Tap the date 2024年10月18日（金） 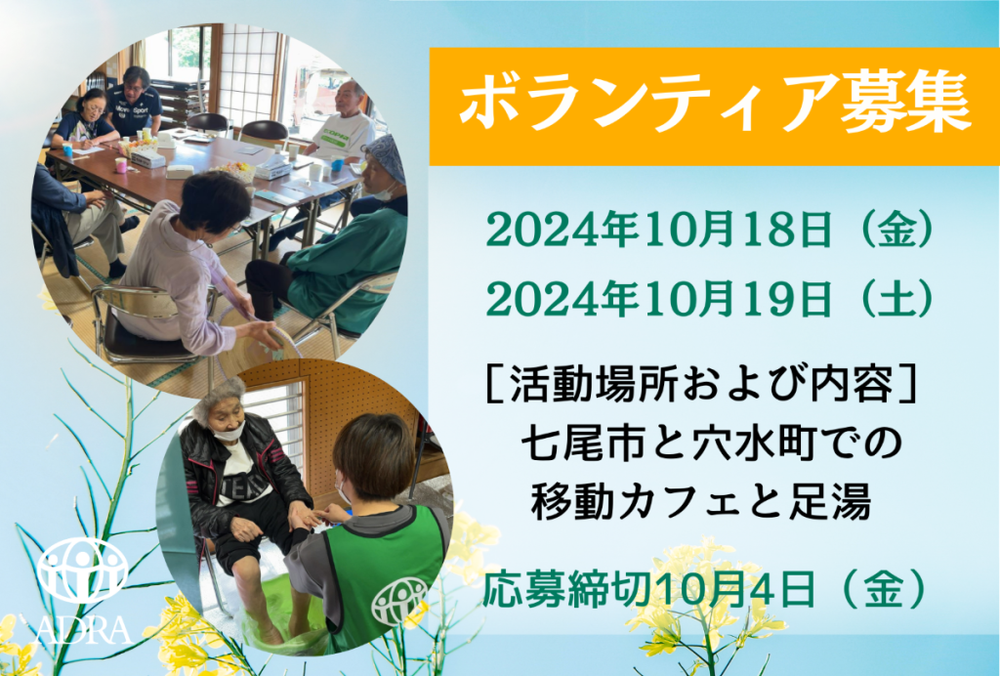[x=711, y=231]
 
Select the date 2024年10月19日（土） [x=711, y=299]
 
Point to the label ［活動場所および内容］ [x=701, y=384]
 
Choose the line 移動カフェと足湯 [x=701, y=501]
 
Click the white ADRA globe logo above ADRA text [x=82, y=570]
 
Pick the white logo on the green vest [x=399, y=601]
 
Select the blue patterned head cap [x=385, y=155]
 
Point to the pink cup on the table [x=120, y=165]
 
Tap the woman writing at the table [x=86, y=121]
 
